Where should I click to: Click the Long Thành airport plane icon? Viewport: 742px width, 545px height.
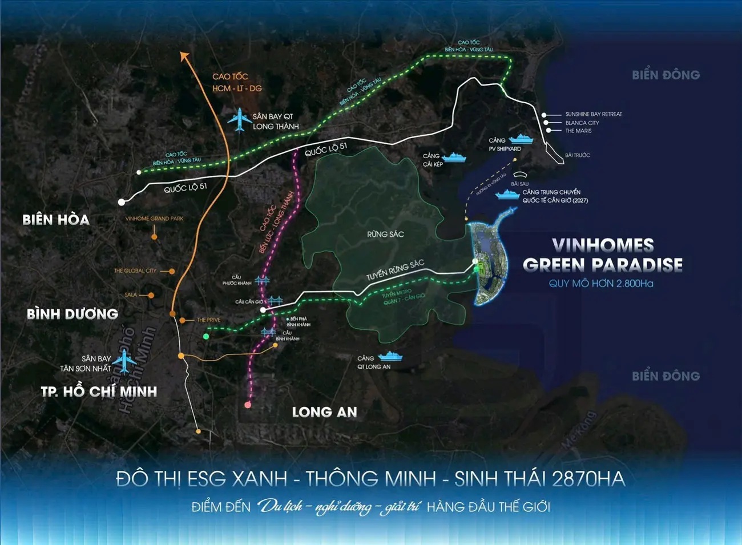240,120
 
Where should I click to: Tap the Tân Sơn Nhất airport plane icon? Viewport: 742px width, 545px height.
124,361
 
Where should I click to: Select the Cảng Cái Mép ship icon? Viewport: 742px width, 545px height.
454,157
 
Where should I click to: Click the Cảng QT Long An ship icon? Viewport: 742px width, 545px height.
390,357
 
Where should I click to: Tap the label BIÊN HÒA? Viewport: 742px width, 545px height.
56,220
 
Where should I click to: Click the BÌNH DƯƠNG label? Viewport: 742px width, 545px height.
72,314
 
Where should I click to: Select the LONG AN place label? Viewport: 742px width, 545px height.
324,412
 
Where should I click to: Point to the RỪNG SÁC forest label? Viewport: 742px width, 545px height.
385,234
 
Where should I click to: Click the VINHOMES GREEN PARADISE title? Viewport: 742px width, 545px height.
603,255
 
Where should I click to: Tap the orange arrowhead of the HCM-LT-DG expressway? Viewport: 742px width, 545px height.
183,55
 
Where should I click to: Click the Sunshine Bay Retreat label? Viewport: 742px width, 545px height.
594,114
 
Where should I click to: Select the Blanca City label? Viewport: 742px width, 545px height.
582,123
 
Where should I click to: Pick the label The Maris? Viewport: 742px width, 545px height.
578,131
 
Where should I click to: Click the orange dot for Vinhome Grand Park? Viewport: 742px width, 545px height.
154,236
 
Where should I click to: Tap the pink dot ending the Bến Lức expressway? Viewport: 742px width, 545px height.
248,405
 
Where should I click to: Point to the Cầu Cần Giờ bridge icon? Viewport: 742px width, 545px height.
275,300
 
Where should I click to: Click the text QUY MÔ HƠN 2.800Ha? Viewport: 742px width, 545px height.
601,284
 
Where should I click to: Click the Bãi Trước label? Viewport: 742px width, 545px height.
577,155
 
